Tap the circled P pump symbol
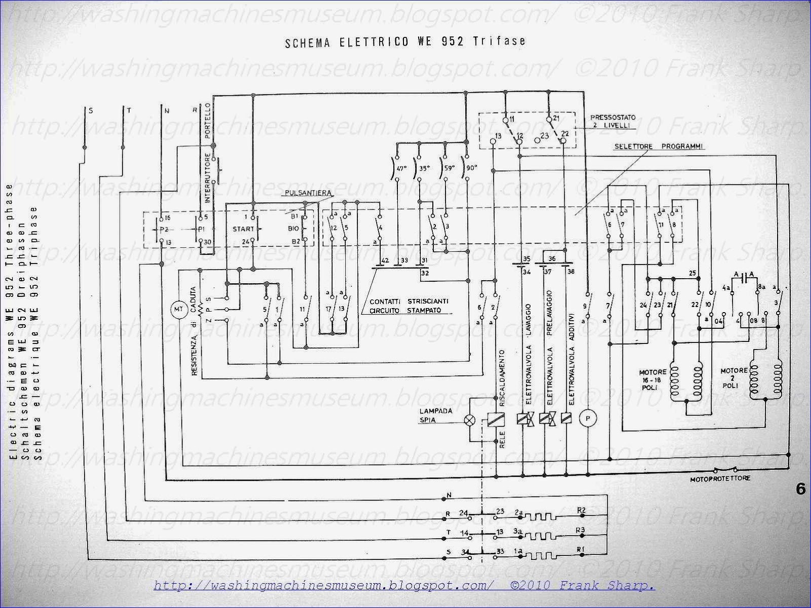(x=588, y=419)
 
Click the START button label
(x=243, y=229)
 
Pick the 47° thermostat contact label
(x=401, y=168)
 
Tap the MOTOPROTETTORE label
(x=720, y=478)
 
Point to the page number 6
(x=801, y=489)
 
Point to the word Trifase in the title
(x=500, y=42)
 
